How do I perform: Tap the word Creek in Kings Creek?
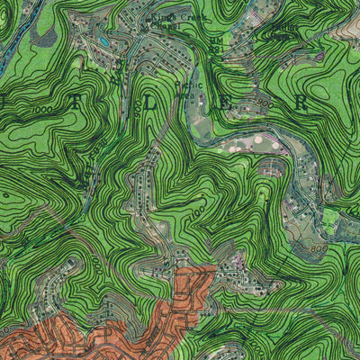[x=192, y=16]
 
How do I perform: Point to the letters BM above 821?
[x=215, y=41]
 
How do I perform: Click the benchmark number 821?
[x=216, y=50]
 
